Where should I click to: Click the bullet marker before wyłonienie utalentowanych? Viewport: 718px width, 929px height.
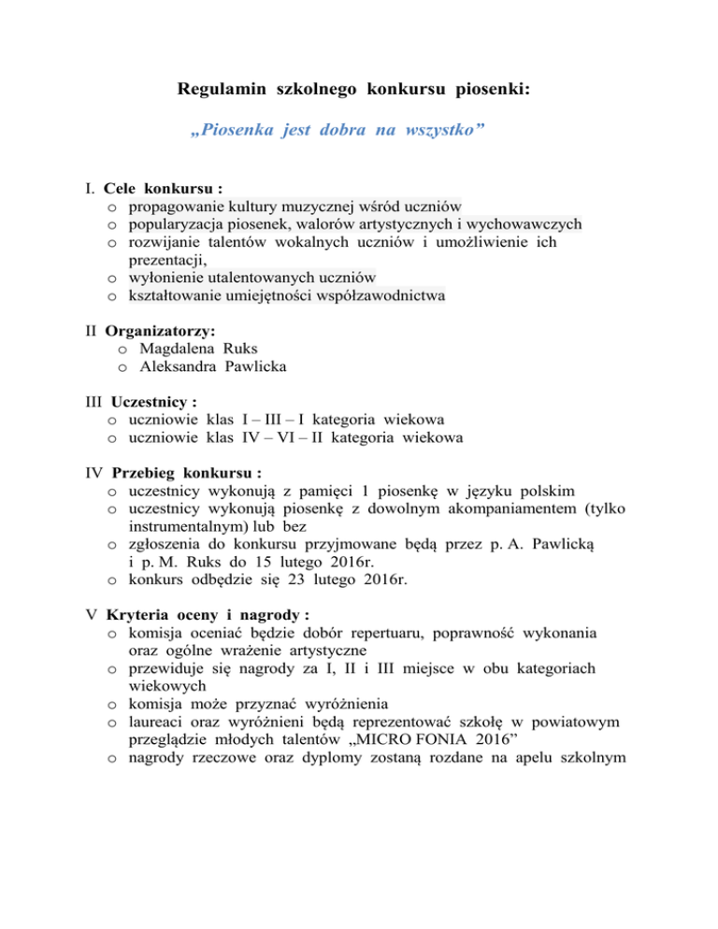pos(111,279)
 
